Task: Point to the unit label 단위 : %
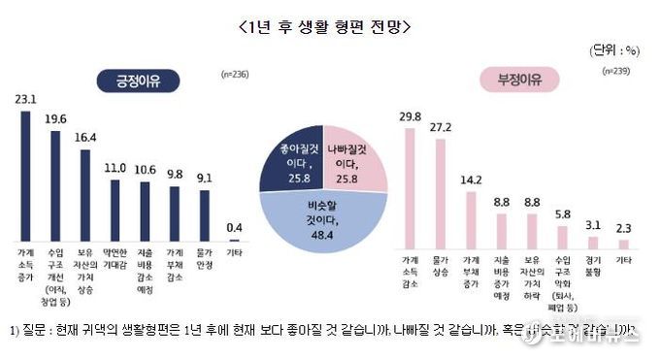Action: [x=617, y=49]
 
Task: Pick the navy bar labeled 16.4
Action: [x=85, y=192]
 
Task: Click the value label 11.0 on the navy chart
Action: [x=115, y=167]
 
